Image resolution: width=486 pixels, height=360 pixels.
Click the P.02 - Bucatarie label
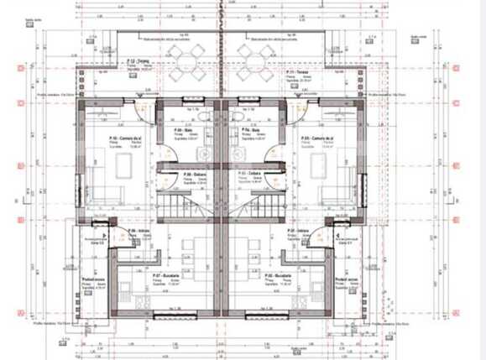click(x=275, y=274)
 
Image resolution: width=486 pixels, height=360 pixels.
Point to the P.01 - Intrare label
click(x=306, y=229)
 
